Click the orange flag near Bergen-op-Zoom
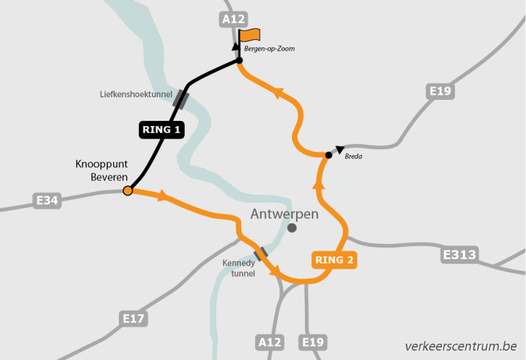pos(250,35)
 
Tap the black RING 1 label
pos(161,129)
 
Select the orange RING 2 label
pos(334,260)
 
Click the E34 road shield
pos(47,200)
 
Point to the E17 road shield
pos(134,319)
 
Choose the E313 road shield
pos(460,254)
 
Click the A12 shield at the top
pos(233,20)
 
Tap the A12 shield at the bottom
pos(270,342)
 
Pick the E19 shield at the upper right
pos(439,91)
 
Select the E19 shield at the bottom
pos(313,342)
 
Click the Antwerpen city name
pos(284,214)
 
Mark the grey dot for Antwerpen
pos(292,228)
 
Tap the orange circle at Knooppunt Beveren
pos(128,191)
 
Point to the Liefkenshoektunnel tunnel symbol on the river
pos(181,100)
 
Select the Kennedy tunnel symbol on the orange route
pos(261,254)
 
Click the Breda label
pos(353,156)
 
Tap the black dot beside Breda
pos(328,155)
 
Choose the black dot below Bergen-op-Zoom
pos(239,61)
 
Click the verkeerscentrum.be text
pos(461,346)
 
